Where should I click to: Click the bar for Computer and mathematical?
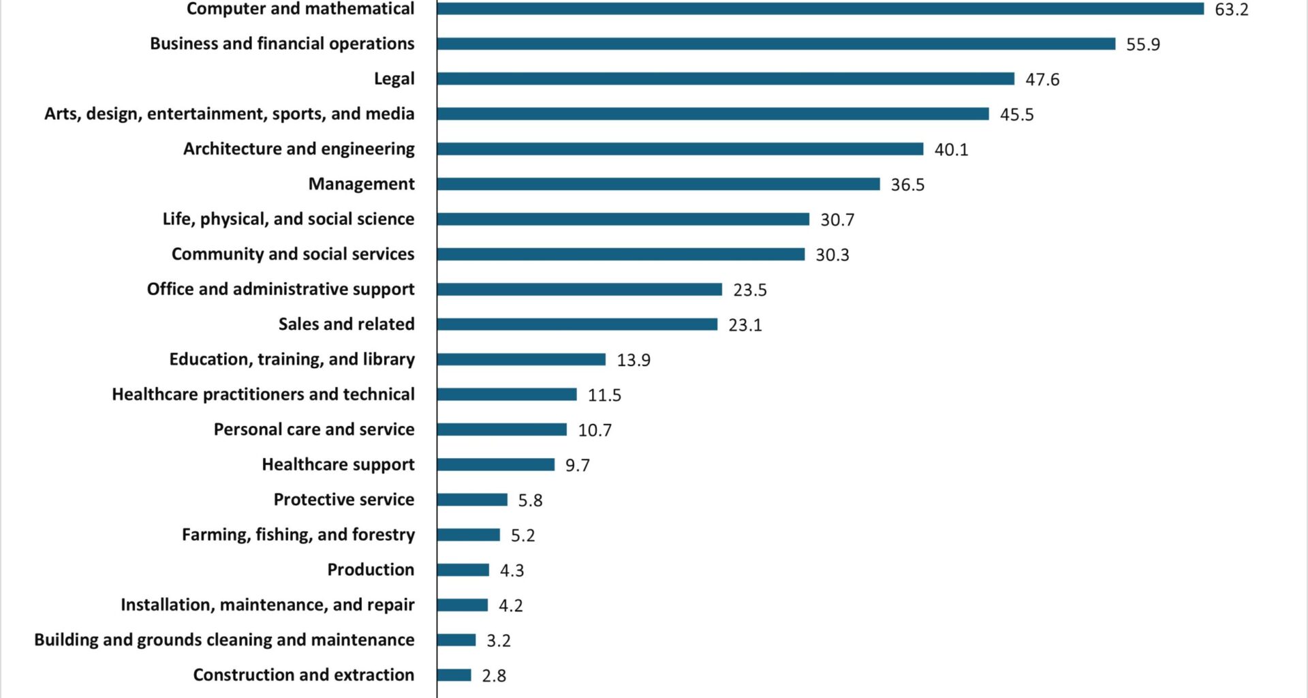tap(820, 9)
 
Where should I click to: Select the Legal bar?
tap(726, 79)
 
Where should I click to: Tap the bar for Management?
tap(658, 184)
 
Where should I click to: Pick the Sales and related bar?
tap(577, 324)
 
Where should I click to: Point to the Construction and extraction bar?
tap(454, 675)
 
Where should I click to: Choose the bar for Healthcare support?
tap(496, 465)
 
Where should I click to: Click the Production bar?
tap(463, 570)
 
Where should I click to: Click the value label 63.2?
tap(1232, 10)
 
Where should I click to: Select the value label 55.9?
tap(1142, 44)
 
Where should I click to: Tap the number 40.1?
tap(951, 149)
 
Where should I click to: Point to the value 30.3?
tap(832, 255)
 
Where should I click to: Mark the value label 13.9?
tap(634, 360)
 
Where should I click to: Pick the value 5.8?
tap(530, 500)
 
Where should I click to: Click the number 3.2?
tap(498, 641)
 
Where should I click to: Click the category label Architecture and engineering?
tap(298, 149)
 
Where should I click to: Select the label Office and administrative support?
tap(281, 289)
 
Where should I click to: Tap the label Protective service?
tap(344, 500)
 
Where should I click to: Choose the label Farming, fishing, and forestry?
tap(298, 534)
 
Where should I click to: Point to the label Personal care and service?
tap(314, 429)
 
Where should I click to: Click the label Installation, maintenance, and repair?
tap(267, 605)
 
